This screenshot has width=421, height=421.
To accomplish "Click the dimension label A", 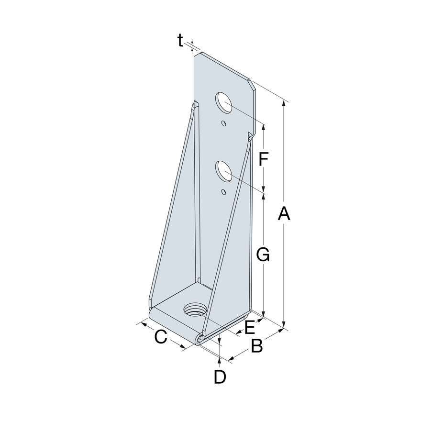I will tap(284, 214).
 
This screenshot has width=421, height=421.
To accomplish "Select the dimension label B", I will tap(257, 346).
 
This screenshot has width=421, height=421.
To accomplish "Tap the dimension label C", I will tap(160, 337).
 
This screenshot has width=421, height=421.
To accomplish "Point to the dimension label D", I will tap(219, 377).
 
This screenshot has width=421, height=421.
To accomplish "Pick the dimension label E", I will tap(249, 327).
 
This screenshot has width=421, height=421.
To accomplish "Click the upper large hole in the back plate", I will tap(223, 102).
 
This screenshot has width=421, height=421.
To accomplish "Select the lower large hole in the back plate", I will tap(223, 171).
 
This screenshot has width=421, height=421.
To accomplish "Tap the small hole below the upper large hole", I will tap(223, 123).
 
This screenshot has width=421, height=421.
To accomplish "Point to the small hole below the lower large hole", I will tap(223, 192).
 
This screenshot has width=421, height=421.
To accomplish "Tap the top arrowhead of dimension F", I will tap(264, 127).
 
